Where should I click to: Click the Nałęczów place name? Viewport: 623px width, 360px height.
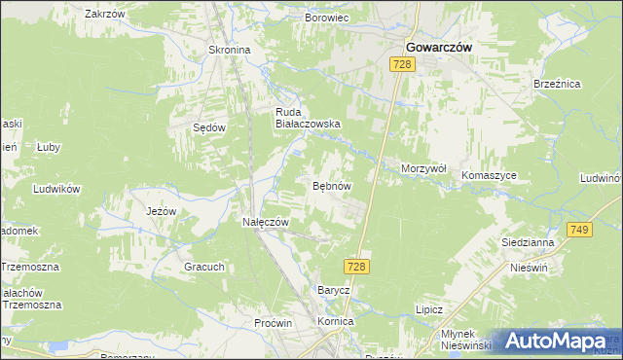tap(266, 222)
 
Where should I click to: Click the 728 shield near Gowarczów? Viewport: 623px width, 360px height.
tap(403, 64)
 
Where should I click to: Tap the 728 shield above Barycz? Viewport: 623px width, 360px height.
tap(355, 266)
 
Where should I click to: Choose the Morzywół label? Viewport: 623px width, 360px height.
tap(423, 168)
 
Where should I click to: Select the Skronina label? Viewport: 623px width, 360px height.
tap(230, 50)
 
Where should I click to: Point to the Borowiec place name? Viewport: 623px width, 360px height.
tap(327, 18)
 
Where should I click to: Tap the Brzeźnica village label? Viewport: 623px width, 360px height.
tap(558, 85)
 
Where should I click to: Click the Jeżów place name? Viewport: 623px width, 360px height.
tap(160, 210)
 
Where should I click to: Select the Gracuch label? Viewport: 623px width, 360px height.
tap(204, 267)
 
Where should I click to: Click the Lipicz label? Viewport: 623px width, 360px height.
tap(429, 309)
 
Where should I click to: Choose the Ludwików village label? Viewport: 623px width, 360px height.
tap(55, 189)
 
